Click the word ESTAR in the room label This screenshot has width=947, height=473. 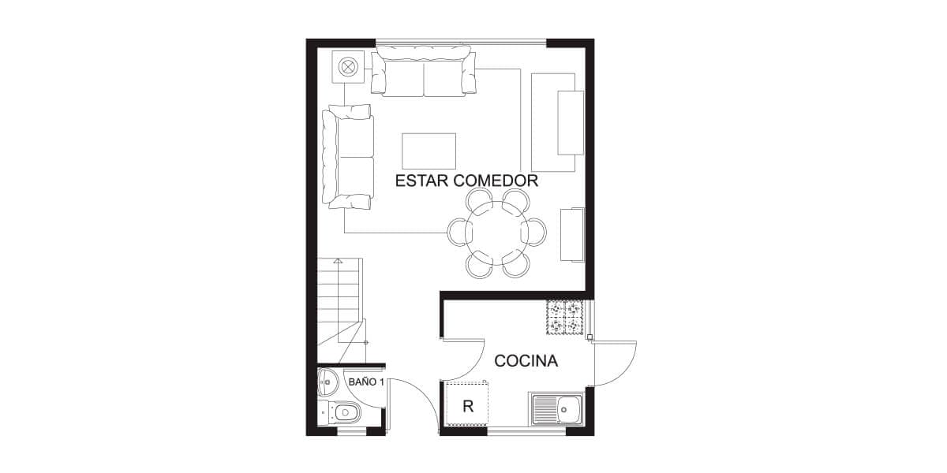point(421,181)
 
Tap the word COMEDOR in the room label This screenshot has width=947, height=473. point(496,181)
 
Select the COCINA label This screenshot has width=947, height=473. point(526,361)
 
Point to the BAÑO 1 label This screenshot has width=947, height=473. point(366,382)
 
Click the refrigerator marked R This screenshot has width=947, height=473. point(467,405)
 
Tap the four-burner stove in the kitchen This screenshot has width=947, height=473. point(565,318)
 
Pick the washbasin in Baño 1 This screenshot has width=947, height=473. point(328,382)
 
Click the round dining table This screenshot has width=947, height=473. point(496,233)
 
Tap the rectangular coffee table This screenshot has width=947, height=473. point(429,151)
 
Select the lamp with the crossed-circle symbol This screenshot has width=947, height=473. point(348,67)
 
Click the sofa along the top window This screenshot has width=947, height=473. point(424,71)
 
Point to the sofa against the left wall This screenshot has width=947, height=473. point(347,157)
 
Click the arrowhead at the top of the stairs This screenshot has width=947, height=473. point(338,261)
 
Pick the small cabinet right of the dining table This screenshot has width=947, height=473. point(572,235)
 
